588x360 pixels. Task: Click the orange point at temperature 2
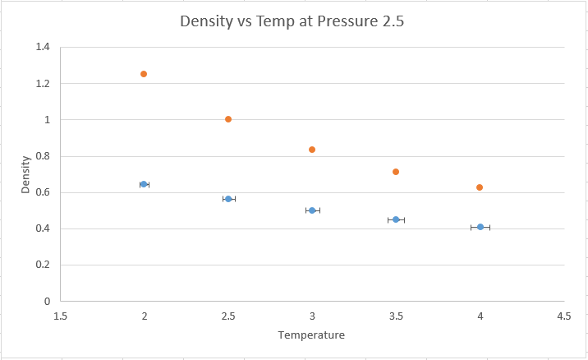(144, 74)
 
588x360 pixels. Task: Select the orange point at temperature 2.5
(228, 119)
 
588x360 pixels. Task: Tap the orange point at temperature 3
(312, 150)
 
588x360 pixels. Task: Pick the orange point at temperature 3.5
(396, 172)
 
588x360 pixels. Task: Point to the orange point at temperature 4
(480, 187)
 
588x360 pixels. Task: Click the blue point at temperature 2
(144, 184)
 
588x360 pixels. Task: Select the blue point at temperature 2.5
(228, 199)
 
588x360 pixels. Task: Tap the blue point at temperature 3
(312, 210)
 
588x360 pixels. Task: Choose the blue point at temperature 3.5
(396, 219)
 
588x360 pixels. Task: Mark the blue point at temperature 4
(480, 227)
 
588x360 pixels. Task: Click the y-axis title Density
(25, 174)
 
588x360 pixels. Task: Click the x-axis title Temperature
(311, 335)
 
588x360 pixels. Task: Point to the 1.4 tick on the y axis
(43, 48)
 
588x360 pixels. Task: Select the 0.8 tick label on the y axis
(43, 156)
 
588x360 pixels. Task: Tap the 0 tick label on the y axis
(47, 302)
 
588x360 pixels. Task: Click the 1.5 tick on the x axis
(60, 316)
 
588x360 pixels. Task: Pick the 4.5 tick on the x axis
(563, 316)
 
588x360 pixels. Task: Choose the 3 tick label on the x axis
(312, 316)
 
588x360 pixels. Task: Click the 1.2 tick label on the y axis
(43, 84)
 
